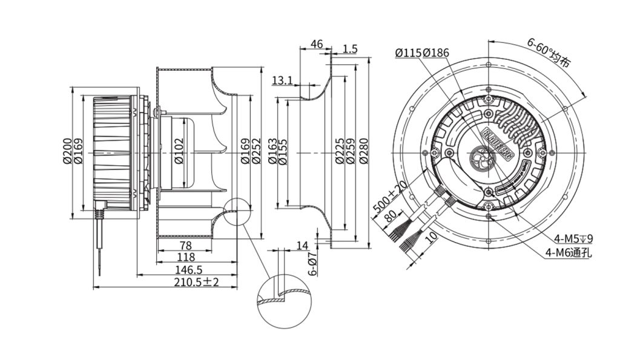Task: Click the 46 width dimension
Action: [315, 44]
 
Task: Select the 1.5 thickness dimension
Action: [350, 48]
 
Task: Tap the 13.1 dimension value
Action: [282, 80]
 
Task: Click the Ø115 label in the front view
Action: [409, 53]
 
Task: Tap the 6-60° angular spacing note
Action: [548, 52]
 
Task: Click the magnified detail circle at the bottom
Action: [284, 306]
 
